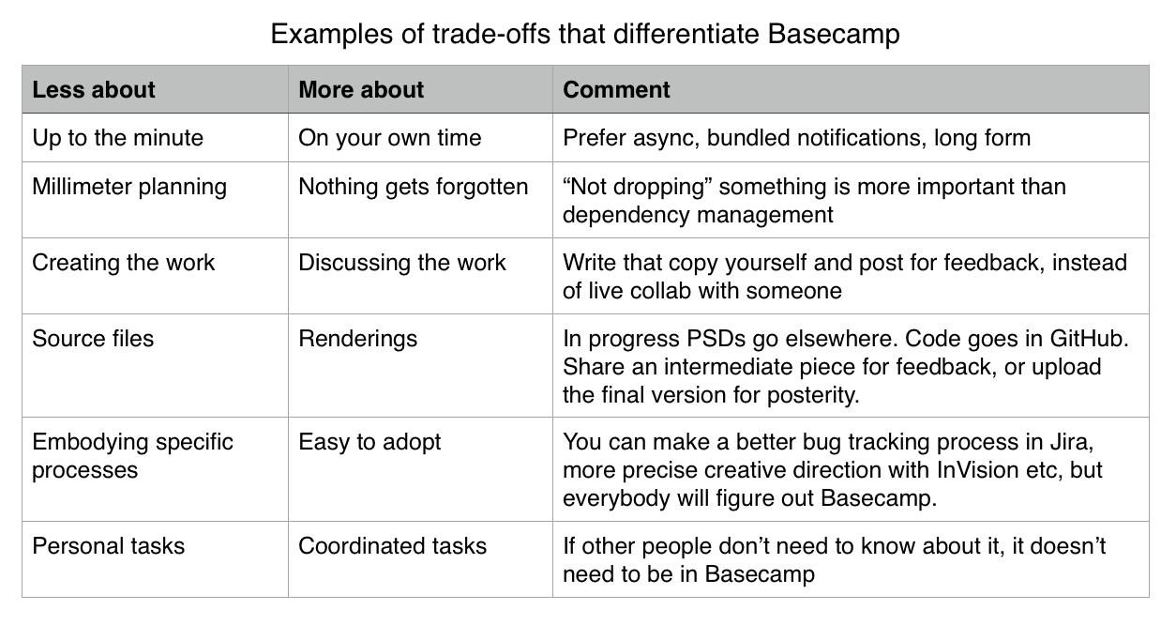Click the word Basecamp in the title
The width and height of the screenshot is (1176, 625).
coord(834,35)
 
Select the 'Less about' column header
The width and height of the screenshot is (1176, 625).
coord(94,90)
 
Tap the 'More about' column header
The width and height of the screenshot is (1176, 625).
coord(361,90)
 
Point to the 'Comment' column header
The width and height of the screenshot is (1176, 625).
coord(616,90)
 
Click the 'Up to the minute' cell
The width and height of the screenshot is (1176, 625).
coord(117,138)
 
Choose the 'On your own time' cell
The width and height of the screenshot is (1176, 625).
coord(390,139)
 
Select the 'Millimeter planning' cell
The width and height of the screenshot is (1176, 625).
coord(129,188)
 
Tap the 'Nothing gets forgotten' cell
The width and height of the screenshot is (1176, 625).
coord(414,188)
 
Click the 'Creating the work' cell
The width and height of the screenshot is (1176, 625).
coord(124,263)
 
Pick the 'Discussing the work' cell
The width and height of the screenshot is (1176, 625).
coord(402,263)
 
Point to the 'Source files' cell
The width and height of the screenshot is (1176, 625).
coord(93,339)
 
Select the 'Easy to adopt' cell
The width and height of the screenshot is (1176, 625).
coord(369,443)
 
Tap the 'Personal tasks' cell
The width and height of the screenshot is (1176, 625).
coord(109,546)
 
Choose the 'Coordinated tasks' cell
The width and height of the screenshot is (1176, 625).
coord(393,546)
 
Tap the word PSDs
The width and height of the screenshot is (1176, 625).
coord(716,339)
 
